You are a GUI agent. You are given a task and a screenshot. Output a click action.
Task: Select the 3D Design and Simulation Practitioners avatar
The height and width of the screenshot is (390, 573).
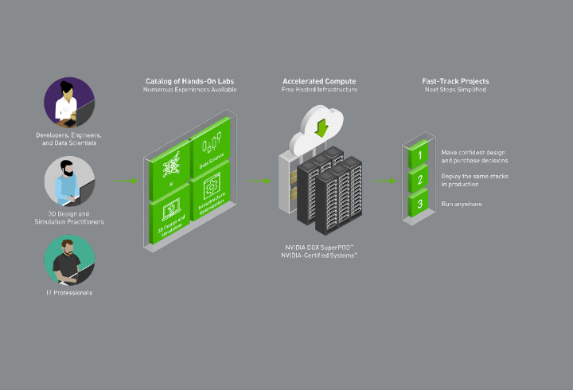69,182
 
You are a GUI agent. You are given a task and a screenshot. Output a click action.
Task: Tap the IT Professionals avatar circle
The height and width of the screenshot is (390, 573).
69,259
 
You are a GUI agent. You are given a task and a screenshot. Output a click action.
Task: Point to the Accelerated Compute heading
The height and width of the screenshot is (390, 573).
319,81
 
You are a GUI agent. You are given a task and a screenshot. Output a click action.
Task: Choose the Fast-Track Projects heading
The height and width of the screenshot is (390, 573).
455,81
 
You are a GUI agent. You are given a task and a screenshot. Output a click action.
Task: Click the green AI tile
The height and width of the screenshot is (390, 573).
170,165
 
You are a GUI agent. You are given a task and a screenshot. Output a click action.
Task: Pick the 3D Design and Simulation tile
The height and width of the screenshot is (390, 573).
170,214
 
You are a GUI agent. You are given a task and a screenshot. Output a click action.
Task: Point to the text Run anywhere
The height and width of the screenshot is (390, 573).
461,205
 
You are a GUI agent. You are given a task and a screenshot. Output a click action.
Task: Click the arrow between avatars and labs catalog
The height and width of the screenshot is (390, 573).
126,181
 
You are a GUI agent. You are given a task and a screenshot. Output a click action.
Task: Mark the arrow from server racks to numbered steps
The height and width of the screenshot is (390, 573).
385,181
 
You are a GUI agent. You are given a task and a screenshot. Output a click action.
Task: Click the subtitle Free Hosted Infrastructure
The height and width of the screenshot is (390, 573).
319,90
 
